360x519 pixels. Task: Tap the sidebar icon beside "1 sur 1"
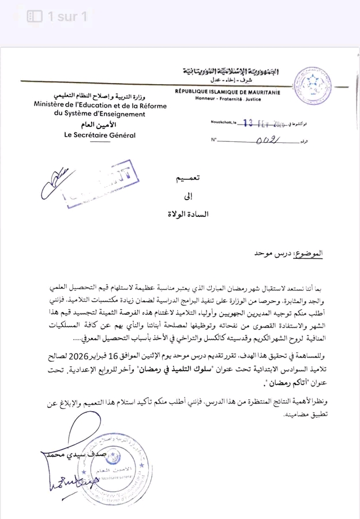(35, 16)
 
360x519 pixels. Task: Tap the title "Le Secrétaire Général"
(100, 135)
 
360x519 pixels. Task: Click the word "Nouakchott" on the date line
(223, 123)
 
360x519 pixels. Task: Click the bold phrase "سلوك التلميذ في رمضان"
(185, 367)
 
